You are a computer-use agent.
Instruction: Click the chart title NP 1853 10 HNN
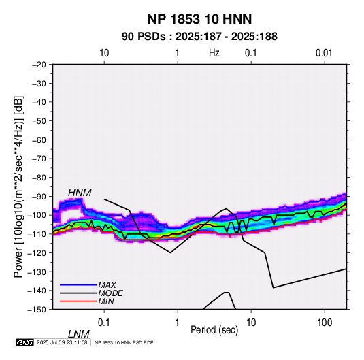199,19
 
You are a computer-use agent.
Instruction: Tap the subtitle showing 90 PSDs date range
199,37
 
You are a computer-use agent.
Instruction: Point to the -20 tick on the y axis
39,65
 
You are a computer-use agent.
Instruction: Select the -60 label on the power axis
39,140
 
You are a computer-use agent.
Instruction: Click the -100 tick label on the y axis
37,215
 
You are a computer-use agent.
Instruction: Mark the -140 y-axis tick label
37,291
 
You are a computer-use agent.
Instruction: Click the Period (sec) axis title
214,330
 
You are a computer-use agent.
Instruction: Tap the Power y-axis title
18,186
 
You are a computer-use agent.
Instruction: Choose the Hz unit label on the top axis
214,53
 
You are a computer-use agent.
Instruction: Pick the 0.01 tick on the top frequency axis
324,53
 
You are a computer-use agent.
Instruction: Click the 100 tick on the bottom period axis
325,323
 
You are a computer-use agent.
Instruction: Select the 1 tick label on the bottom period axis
178,323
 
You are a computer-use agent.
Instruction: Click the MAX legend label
107,285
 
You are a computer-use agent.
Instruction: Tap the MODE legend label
110,293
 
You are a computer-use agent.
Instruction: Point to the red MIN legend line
78,301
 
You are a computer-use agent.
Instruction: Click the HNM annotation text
80,193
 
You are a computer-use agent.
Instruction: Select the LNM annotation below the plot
78,334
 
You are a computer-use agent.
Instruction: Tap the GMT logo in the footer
25,342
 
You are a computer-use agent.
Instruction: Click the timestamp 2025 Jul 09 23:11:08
62,342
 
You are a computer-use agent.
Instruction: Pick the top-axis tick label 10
104,53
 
